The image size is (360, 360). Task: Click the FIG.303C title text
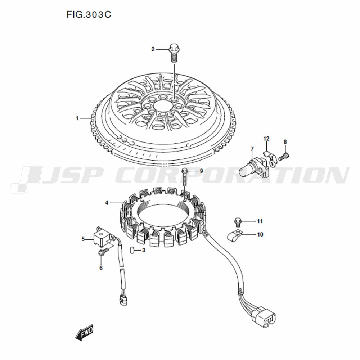click(x=89, y=14)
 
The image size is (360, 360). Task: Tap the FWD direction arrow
click(x=85, y=332)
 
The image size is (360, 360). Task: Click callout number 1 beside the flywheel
click(x=77, y=118)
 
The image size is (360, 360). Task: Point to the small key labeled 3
click(x=132, y=250)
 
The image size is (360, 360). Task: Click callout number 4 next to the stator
click(x=107, y=203)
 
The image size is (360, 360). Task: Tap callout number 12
click(x=266, y=139)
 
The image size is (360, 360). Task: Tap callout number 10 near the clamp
click(x=260, y=235)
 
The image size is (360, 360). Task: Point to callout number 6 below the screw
click(x=101, y=268)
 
